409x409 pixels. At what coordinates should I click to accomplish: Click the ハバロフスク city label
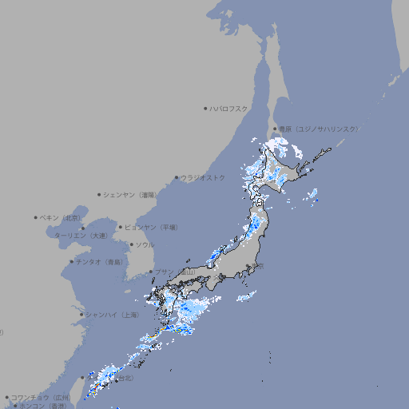point(229,108)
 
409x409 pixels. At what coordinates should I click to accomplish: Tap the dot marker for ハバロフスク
point(205,108)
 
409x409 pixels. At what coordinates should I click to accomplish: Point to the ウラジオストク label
point(203,177)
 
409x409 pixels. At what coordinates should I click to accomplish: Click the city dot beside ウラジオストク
point(177,178)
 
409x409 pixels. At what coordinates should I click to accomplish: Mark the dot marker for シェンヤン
point(100,194)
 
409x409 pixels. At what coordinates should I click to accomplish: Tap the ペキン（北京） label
point(62,217)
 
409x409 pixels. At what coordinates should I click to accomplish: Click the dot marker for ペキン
point(36,217)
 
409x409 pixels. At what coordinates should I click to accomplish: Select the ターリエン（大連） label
point(81,236)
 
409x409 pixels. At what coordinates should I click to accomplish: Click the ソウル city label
point(145,244)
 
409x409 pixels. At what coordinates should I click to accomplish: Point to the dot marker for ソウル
point(130,244)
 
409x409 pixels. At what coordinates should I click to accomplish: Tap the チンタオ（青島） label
point(100,261)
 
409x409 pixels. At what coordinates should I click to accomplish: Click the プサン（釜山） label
point(174,272)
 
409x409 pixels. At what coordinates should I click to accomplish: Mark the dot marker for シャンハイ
point(81,315)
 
